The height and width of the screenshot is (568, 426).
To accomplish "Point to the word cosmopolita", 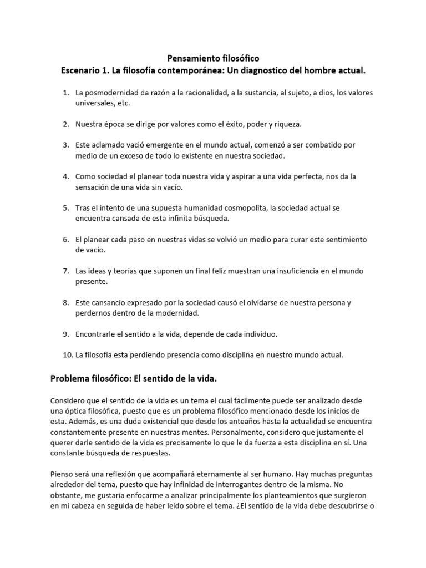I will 231,209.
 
